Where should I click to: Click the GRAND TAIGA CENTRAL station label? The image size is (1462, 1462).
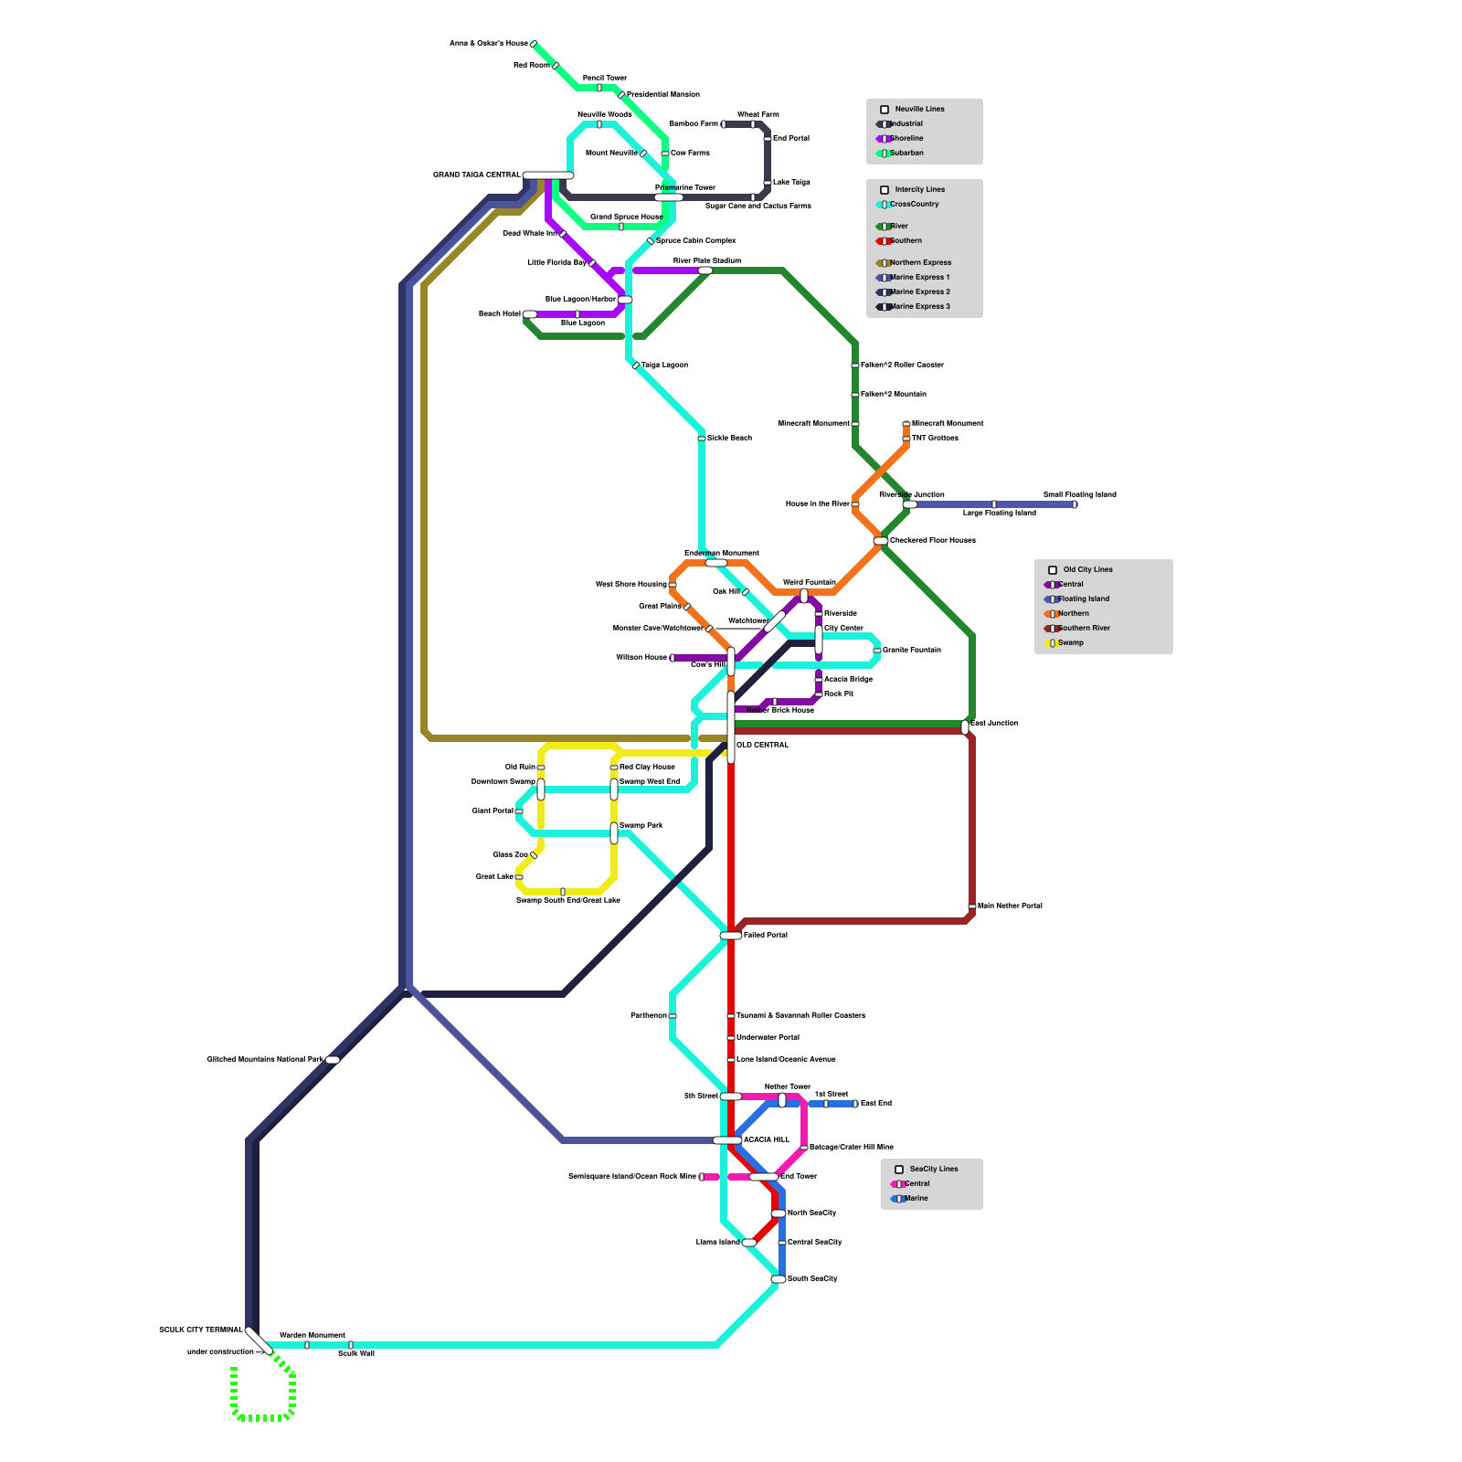[476, 175]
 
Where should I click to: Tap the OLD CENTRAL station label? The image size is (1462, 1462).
[762, 745]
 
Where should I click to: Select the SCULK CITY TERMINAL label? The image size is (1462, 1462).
[200, 1330]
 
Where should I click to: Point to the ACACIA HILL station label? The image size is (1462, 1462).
[766, 1139]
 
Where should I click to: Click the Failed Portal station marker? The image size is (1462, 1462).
[731, 936]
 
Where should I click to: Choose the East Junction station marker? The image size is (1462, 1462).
[965, 727]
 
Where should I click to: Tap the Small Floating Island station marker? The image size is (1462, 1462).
[1075, 504]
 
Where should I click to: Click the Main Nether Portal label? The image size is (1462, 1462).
[1010, 906]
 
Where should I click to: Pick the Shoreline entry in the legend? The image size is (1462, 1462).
[906, 138]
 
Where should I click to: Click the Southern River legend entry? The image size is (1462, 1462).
[1084, 628]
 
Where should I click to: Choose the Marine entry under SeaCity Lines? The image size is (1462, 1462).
[916, 1198]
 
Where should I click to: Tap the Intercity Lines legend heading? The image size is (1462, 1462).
[919, 189]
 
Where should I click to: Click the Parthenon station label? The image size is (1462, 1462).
[648, 1015]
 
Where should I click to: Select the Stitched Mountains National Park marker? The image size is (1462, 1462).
[333, 1060]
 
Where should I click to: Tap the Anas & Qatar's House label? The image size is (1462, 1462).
[488, 43]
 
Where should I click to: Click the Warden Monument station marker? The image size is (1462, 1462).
[307, 1345]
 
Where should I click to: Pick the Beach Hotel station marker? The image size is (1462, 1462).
[530, 314]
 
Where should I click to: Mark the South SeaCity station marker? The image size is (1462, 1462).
[779, 1279]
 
